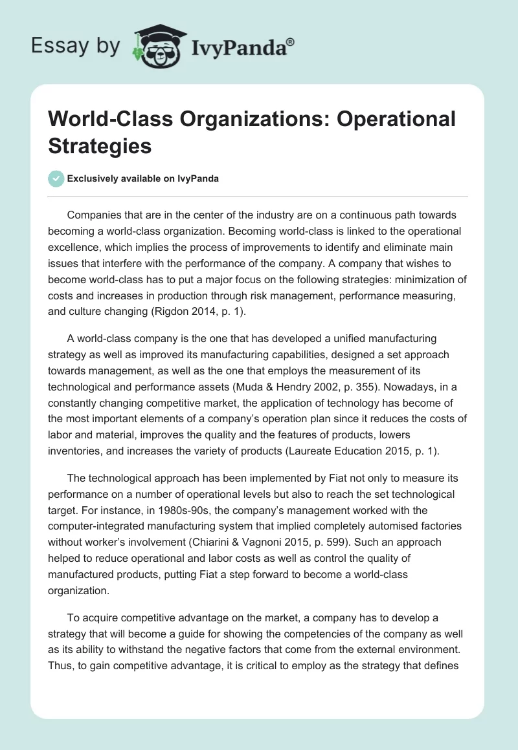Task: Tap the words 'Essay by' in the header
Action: pyautogui.click(x=75, y=46)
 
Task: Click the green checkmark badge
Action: pyautogui.click(x=56, y=178)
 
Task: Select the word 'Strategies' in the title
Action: pyautogui.click(x=100, y=145)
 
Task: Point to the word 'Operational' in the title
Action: pyautogui.click(x=395, y=119)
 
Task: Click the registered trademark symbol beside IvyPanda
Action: pyautogui.click(x=291, y=41)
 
